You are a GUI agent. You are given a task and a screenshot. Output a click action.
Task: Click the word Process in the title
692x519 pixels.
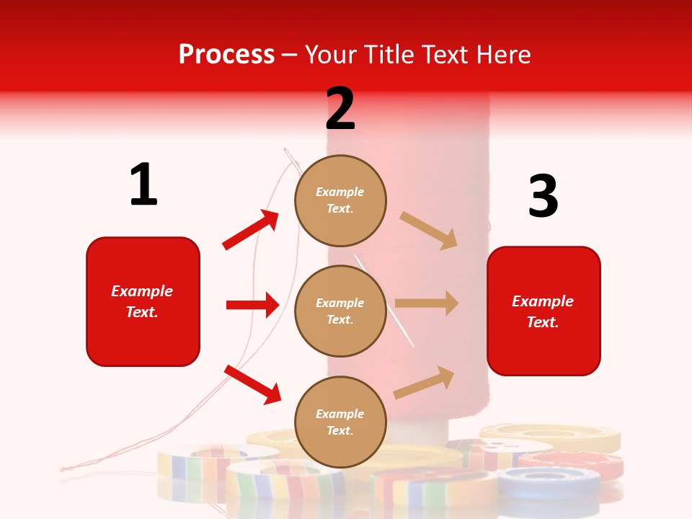[226, 55]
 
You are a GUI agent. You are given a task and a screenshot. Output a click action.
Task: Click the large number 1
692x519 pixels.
[143, 185]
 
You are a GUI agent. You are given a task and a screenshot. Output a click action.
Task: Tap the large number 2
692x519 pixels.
[340, 108]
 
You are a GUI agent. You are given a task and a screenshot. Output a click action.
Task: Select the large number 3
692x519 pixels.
[543, 196]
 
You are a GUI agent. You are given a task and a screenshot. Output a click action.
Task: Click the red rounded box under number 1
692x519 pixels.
[143, 301]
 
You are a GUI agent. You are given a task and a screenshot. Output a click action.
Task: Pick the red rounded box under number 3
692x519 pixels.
[544, 311]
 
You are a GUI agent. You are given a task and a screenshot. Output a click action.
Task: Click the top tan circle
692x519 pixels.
[340, 200]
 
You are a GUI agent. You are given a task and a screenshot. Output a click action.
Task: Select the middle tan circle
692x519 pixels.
[340, 311]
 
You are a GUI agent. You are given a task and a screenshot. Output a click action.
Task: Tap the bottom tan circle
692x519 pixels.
[340, 422]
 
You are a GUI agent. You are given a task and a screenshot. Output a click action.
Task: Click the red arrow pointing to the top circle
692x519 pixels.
[251, 230]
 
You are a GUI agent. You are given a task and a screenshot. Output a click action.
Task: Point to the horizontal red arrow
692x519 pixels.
[252, 305]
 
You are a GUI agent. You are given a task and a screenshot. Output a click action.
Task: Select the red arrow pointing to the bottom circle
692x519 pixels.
[252, 384]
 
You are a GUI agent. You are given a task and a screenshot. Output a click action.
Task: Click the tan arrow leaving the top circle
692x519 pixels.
[429, 230]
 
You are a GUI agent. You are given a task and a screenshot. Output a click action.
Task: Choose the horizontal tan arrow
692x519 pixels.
[427, 303]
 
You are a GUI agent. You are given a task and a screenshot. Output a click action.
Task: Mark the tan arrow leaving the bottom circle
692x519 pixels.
[425, 382]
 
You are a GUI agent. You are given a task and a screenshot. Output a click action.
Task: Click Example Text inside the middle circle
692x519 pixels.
[340, 311]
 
